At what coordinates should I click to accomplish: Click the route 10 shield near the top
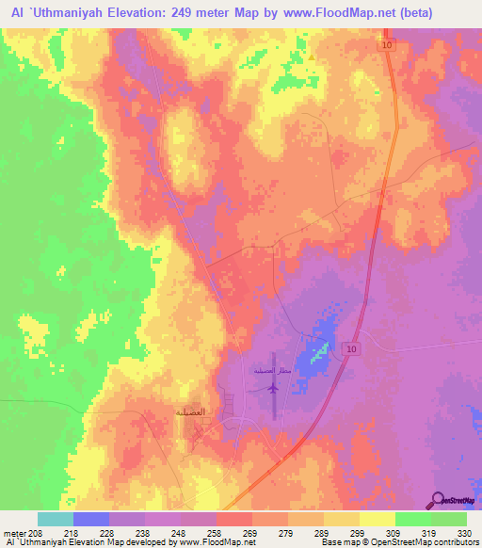(388, 45)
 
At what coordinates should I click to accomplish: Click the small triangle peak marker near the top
(311, 55)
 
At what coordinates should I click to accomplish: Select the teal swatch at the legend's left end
(56, 519)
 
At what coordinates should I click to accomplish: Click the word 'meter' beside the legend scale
(15, 532)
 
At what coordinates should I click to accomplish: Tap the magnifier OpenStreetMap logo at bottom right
(439, 499)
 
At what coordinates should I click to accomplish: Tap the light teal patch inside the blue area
(320, 349)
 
